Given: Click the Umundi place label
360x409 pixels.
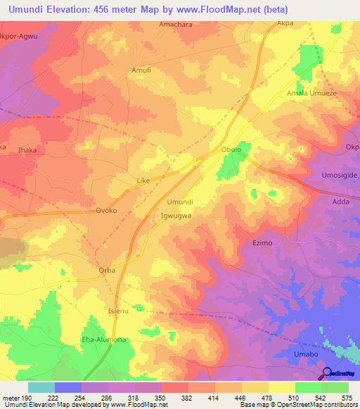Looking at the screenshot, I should pyautogui.click(x=179, y=202).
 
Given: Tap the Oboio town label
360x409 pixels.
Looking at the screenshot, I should pyautogui.click(x=231, y=150).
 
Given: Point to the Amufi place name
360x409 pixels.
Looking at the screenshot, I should pyautogui.click(x=141, y=70).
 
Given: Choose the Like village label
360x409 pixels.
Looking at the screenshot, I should pyautogui.click(x=143, y=181).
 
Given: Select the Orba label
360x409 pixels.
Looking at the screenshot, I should pyautogui.click(x=106, y=271).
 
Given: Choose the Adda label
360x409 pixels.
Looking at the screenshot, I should pyautogui.click(x=340, y=202).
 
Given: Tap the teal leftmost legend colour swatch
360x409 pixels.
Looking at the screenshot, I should pyautogui.click(x=41, y=387).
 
